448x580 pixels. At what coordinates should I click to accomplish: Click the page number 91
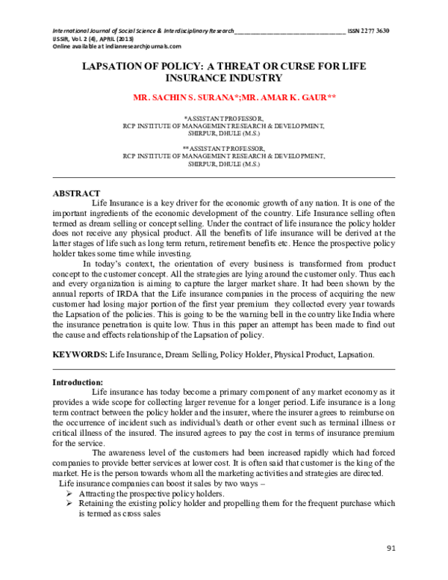pyautogui.click(x=391, y=550)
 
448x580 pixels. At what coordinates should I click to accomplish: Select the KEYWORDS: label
pyautogui.click(x=80, y=354)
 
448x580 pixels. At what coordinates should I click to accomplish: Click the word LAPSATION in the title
pyautogui.click(x=115, y=66)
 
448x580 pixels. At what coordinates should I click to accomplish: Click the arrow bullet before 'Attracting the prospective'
pyautogui.click(x=69, y=495)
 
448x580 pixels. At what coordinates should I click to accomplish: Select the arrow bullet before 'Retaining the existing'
pyautogui.click(x=69, y=504)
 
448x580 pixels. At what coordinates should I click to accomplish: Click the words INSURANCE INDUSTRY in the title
pyautogui.click(x=224, y=77)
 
